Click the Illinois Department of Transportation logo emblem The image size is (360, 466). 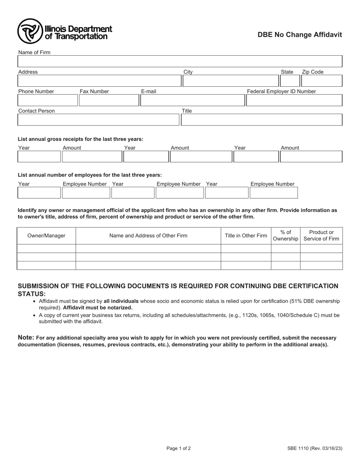click(30, 31)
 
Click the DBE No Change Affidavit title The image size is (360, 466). click(300, 35)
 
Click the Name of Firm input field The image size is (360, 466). click(180, 61)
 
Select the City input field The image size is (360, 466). click(230, 81)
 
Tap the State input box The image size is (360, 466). click(290, 81)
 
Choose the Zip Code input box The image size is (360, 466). click(321, 81)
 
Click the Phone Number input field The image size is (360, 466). click(48, 100)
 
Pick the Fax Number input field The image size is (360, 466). click(109, 100)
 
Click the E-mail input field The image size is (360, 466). click(193, 100)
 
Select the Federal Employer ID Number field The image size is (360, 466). click(294, 100)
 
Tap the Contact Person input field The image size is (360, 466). click(98, 120)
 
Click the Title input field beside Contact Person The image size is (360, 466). click(261, 120)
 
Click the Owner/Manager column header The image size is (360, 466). click(46, 236)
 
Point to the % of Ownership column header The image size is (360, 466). click(286, 236)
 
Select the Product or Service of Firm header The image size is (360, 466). click(321, 236)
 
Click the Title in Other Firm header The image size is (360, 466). click(246, 236)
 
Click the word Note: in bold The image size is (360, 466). click(26, 338)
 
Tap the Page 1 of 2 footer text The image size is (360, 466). click(178, 449)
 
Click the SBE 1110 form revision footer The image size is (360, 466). click(315, 449)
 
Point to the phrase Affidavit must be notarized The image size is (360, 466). click(98, 308)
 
